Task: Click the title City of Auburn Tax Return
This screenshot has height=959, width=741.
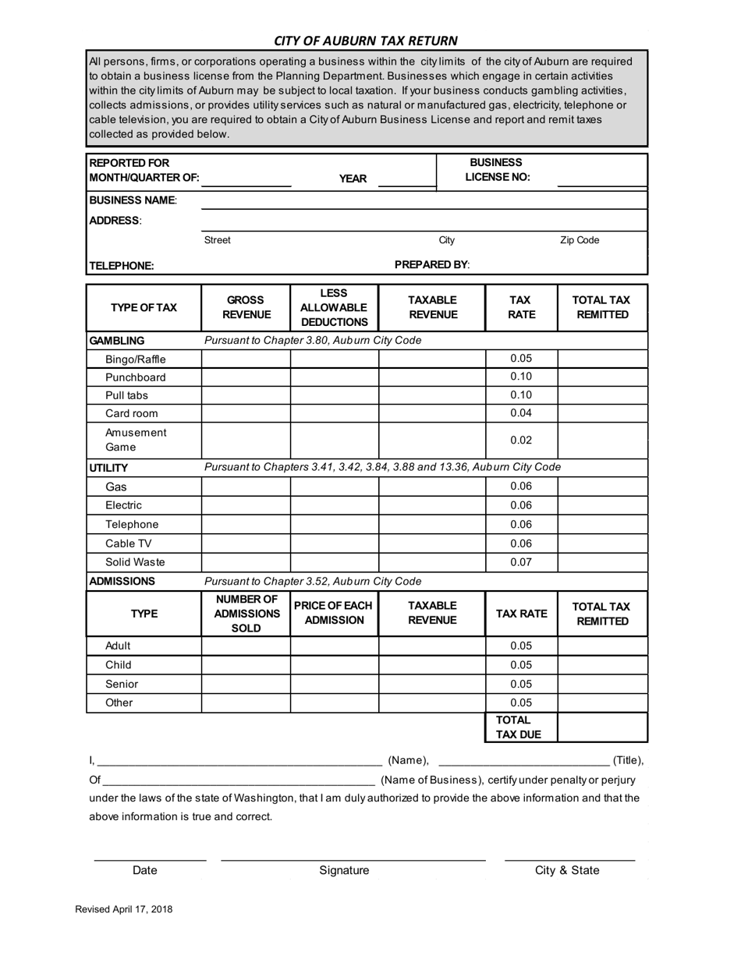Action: click(x=366, y=41)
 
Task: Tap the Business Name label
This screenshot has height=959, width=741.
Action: click(x=133, y=200)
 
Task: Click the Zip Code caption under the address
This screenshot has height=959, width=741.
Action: click(x=580, y=240)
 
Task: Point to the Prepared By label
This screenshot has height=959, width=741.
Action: click(x=432, y=264)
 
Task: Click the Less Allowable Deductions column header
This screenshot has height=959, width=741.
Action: click(x=334, y=307)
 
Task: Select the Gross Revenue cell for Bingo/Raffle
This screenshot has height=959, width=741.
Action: click(x=246, y=359)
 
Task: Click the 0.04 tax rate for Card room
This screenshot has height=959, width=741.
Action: click(x=521, y=413)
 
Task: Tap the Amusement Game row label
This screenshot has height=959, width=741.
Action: click(x=136, y=440)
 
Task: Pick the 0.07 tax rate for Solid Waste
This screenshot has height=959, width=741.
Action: click(x=521, y=562)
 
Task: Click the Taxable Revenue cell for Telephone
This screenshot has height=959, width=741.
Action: click(x=432, y=525)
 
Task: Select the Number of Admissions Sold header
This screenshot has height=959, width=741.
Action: click(x=246, y=614)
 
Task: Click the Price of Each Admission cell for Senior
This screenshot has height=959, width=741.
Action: click(x=334, y=684)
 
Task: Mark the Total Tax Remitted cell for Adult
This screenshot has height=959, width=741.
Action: click(x=602, y=646)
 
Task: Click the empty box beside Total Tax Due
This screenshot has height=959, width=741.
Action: click(x=602, y=727)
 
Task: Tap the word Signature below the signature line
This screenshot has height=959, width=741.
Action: click(x=344, y=870)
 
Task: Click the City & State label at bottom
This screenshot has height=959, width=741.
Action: click(x=567, y=870)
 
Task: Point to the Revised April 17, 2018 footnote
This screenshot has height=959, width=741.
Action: click(x=124, y=909)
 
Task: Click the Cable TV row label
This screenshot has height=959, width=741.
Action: click(x=128, y=543)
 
